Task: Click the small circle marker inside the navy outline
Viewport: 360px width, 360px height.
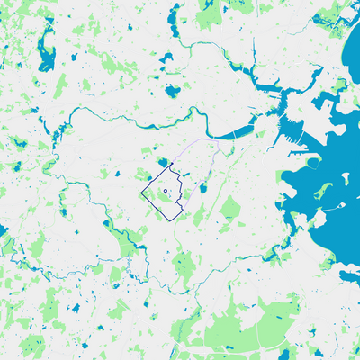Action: coord(166,192)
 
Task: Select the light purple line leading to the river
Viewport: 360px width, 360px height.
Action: coord(193,144)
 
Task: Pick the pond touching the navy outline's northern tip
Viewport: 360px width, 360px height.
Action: coord(162,162)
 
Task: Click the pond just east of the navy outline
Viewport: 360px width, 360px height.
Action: coord(204,189)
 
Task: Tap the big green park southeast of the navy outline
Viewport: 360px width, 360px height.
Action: coord(231,210)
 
